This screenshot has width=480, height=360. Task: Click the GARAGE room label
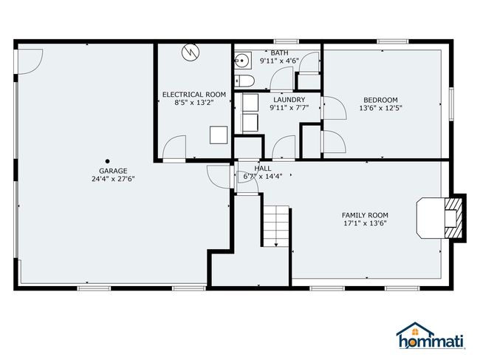point(113,171)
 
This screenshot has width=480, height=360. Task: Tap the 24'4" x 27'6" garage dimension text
point(113,179)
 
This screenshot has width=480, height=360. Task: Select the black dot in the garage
point(108,161)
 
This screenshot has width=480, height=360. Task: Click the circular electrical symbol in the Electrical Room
point(191,52)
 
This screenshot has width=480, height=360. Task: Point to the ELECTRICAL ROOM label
point(194,95)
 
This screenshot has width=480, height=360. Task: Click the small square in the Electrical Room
point(219,135)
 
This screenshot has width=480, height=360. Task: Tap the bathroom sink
point(243,61)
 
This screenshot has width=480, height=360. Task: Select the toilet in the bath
point(244,81)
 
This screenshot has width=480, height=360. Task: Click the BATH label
point(279,52)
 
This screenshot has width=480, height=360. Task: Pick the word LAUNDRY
point(289,100)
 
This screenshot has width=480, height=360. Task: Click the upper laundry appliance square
point(250,103)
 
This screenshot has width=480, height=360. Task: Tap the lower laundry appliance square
point(250,123)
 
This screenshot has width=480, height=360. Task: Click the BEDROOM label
point(380,100)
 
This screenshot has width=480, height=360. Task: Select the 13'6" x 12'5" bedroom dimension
point(380,108)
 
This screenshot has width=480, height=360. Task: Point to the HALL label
point(263,169)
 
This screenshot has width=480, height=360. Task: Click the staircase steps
point(276,226)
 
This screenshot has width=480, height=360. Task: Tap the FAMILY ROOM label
point(365,215)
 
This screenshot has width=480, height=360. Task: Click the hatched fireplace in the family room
point(453,218)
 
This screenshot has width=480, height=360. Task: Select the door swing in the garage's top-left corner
point(30,61)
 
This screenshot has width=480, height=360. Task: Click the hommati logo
point(431,336)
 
